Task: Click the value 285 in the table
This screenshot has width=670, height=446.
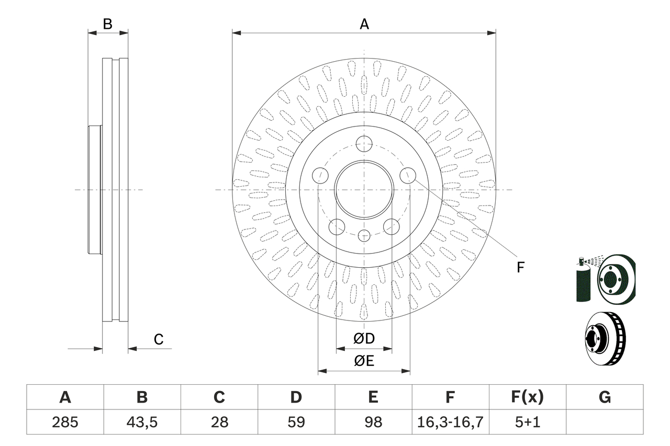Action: tap(65, 422)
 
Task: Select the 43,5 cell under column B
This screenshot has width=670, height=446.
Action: tap(142, 422)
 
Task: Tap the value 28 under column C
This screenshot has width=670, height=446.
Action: tap(219, 422)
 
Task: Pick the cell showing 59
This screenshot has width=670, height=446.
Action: tap(296, 422)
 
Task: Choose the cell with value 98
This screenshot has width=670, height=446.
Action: tap(373, 422)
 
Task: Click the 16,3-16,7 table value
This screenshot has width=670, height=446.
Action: tap(450, 422)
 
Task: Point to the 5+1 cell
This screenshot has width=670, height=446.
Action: tap(527, 422)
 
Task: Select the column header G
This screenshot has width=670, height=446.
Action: tap(605, 397)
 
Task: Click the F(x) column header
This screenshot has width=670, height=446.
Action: tap(527, 397)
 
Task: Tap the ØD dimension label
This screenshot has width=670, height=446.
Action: tap(364, 339)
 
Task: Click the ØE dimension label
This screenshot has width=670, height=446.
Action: tap(364, 361)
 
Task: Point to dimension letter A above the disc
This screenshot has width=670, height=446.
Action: tap(364, 24)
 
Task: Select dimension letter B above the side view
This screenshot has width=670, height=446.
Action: tap(107, 24)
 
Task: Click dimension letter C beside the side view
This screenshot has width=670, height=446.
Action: tap(159, 339)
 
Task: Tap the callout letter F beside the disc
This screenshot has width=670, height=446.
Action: tap(520, 267)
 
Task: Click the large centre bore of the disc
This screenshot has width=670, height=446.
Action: tap(364, 189)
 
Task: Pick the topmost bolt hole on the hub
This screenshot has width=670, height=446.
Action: tap(364, 143)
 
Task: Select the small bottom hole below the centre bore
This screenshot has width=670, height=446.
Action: tap(364, 236)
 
